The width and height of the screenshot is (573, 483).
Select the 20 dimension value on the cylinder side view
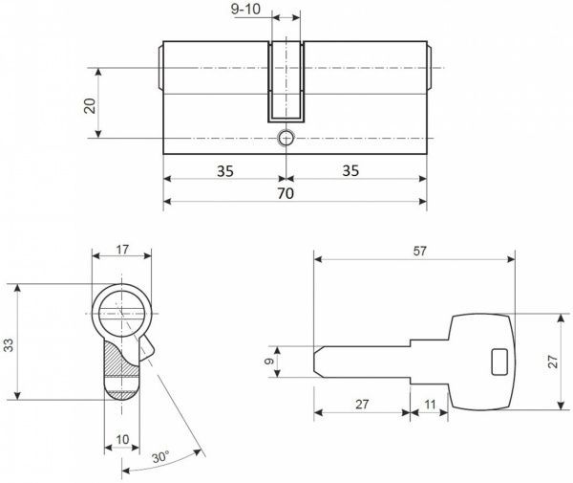90,104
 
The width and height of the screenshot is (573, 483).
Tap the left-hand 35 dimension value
224,171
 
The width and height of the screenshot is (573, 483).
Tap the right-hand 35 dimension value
350,171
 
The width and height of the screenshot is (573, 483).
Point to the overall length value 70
285,192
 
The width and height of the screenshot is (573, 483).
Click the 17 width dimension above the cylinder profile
121,251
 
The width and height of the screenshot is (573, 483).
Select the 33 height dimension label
11,341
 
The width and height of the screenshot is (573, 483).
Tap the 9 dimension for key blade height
269,362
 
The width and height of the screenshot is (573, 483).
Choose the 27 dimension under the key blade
361,406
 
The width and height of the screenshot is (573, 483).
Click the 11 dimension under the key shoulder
430,406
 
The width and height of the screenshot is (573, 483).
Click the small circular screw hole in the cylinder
285,139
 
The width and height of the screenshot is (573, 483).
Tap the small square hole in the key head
499,362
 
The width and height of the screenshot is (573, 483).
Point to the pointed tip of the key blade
317,362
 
